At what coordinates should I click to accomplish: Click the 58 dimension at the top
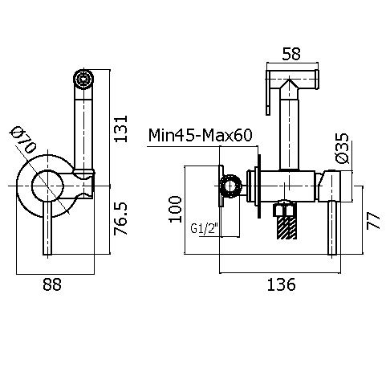pyautogui.click(x=291, y=54)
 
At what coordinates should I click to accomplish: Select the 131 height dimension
pyautogui.click(x=120, y=129)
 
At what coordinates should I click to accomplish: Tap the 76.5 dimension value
pyautogui.click(x=120, y=219)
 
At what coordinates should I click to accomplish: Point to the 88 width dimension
pyautogui.click(x=52, y=284)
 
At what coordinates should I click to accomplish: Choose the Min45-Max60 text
pyautogui.click(x=200, y=135)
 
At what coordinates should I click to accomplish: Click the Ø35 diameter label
pyautogui.click(x=342, y=148)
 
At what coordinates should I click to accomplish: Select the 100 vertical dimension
pyautogui.click(x=175, y=209)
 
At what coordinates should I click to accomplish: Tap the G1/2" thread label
pyautogui.click(x=203, y=228)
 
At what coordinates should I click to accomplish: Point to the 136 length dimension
pyautogui.click(x=282, y=284)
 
